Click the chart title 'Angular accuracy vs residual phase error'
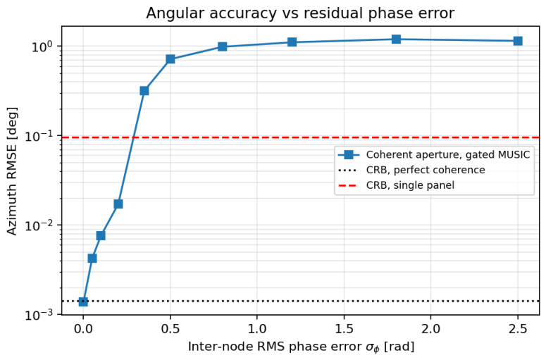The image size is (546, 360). [300, 13]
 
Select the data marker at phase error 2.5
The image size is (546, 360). [518, 41]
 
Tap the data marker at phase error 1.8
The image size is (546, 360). [396, 39]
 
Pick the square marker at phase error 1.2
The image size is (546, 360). [292, 42]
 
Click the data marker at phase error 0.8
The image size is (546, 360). [222, 46]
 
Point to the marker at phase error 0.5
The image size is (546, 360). [170, 59]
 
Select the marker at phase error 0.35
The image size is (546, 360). [144, 91]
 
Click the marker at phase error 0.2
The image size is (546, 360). [118, 204]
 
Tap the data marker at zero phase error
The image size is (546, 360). [83, 302]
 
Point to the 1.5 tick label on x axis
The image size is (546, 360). [344, 329]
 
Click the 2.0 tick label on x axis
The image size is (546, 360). [430, 329]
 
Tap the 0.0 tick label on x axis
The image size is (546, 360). [83, 329]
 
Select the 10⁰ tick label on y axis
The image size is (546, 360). [42, 46]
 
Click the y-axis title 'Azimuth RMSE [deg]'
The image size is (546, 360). [12, 171]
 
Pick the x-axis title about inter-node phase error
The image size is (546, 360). [302, 347]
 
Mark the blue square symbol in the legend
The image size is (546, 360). [349, 154]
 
